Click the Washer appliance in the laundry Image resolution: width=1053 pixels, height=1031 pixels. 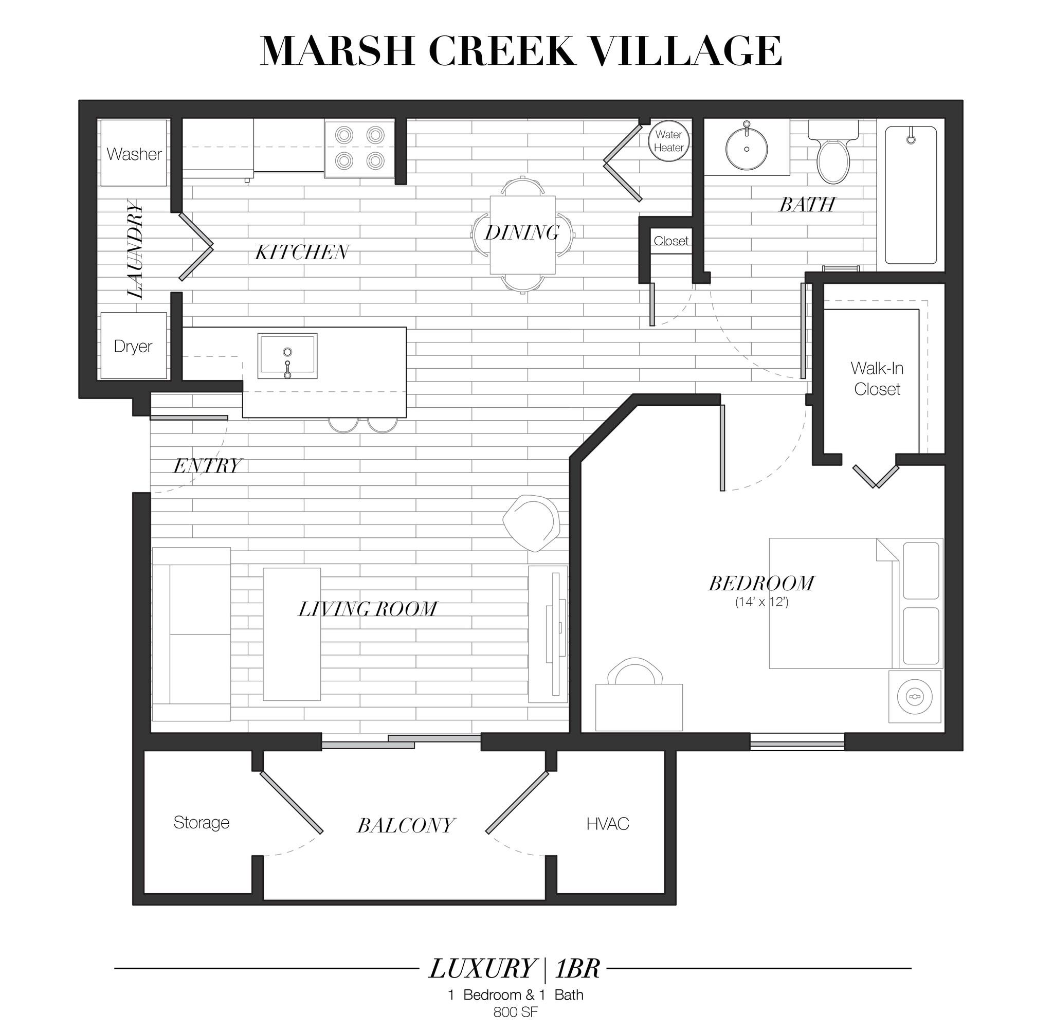point(134,153)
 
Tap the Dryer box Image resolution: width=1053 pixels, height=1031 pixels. point(133,346)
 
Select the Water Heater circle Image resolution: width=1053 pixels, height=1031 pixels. point(668,141)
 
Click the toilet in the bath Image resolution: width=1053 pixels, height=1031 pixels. point(833,154)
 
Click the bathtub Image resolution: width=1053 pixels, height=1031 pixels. point(911,195)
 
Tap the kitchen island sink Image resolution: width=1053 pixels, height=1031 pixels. point(287,356)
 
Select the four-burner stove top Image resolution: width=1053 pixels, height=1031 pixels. point(359,147)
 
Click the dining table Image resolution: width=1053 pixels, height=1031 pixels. point(522,234)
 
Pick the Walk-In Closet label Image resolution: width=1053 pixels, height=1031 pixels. point(877,378)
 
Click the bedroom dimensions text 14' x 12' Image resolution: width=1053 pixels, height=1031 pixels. point(761,602)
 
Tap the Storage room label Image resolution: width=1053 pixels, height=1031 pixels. point(202,823)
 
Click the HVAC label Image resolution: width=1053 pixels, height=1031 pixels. point(607,824)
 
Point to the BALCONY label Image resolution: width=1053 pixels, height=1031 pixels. point(406,825)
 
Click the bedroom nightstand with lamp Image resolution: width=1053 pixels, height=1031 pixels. point(915,696)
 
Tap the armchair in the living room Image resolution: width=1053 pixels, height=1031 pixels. point(531,522)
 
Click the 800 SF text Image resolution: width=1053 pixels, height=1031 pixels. point(515,1011)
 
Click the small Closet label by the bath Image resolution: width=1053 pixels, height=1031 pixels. point(671,241)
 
